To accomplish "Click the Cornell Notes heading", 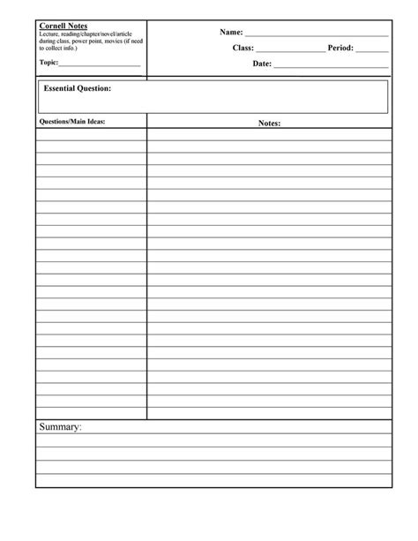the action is click(x=63, y=26).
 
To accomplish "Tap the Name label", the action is click(x=231, y=32).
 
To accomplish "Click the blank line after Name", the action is click(x=317, y=34).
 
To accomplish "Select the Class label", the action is click(x=243, y=48).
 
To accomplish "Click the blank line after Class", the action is click(x=290, y=50).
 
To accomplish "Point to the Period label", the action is click(x=340, y=48).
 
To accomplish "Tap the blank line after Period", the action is click(x=372, y=50).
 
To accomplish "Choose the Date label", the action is click(x=262, y=64).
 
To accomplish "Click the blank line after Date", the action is click(x=331, y=66).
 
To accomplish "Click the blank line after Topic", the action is click(x=99, y=65).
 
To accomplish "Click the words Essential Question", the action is click(x=78, y=88).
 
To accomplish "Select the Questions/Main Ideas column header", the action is click(x=72, y=121).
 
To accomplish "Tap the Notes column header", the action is click(x=270, y=124).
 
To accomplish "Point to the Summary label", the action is click(x=60, y=428).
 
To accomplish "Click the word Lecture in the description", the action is click(x=50, y=34).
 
